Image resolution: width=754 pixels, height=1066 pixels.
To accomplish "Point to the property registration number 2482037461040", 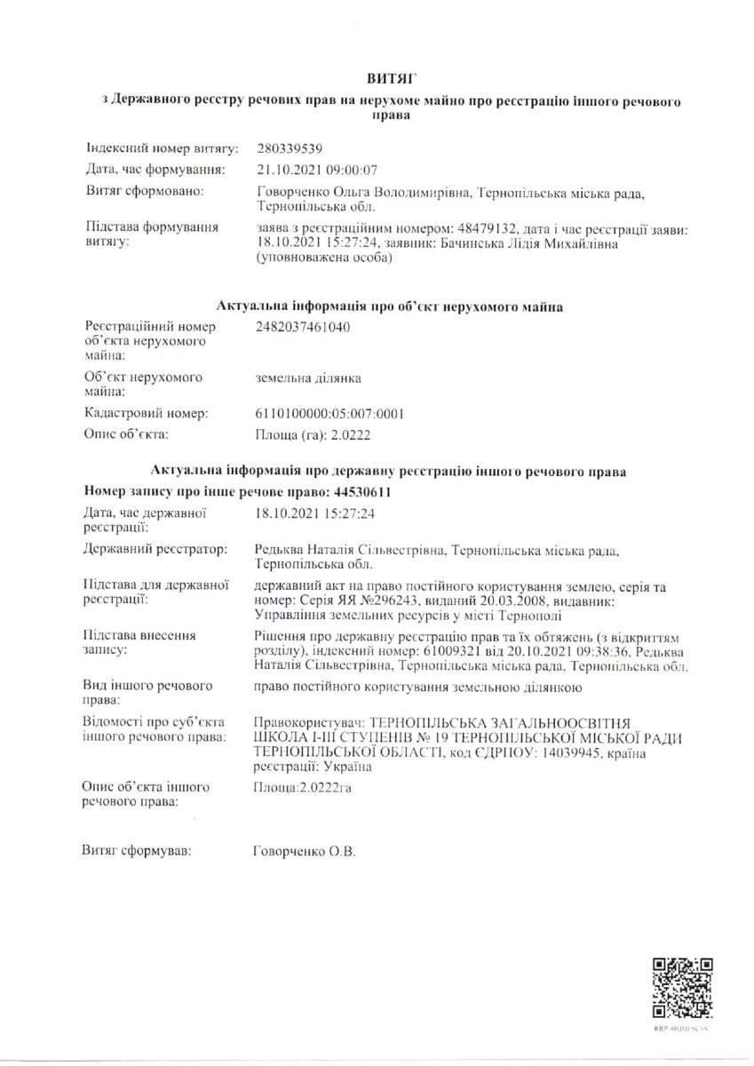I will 302,327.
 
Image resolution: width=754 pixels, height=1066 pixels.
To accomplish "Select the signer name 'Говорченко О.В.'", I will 305,852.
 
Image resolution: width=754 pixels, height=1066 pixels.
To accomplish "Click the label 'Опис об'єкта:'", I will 126,434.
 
